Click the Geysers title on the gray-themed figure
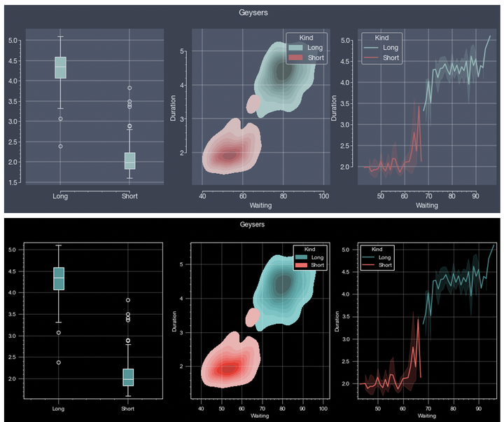click(x=252, y=12)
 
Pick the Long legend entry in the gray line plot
click(x=389, y=48)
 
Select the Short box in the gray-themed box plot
click(x=129, y=161)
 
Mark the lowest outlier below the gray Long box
click(x=60, y=147)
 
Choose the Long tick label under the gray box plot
click(x=60, y=196)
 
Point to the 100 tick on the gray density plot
click(x=323, y=196)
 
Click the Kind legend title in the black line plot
click(x=377, y=249)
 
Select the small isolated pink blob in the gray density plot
click(x=253, y=105)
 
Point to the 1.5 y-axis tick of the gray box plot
click(x=14, y=183)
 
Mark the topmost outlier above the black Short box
click(x=129, y=300)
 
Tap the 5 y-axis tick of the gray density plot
click(x=181, y=51)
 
